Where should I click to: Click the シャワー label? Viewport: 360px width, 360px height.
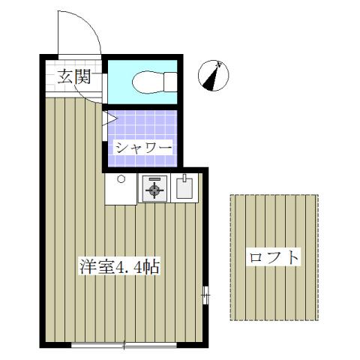pos(143,147)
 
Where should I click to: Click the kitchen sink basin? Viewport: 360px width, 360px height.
pos(184,189)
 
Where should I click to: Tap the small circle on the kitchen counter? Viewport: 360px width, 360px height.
pos(120,179)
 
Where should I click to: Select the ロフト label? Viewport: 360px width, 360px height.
pos(273,257)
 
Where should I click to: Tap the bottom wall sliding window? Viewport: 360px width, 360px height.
pos(124,345)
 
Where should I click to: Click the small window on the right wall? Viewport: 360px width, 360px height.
pos(205,296)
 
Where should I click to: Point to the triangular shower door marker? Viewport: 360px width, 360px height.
pos(108,118)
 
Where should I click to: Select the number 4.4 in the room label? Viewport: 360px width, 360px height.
pos(130,268)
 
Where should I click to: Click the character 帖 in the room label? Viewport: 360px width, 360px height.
pos(152,267)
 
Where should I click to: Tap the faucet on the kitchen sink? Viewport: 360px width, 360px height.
pos(184,179)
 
